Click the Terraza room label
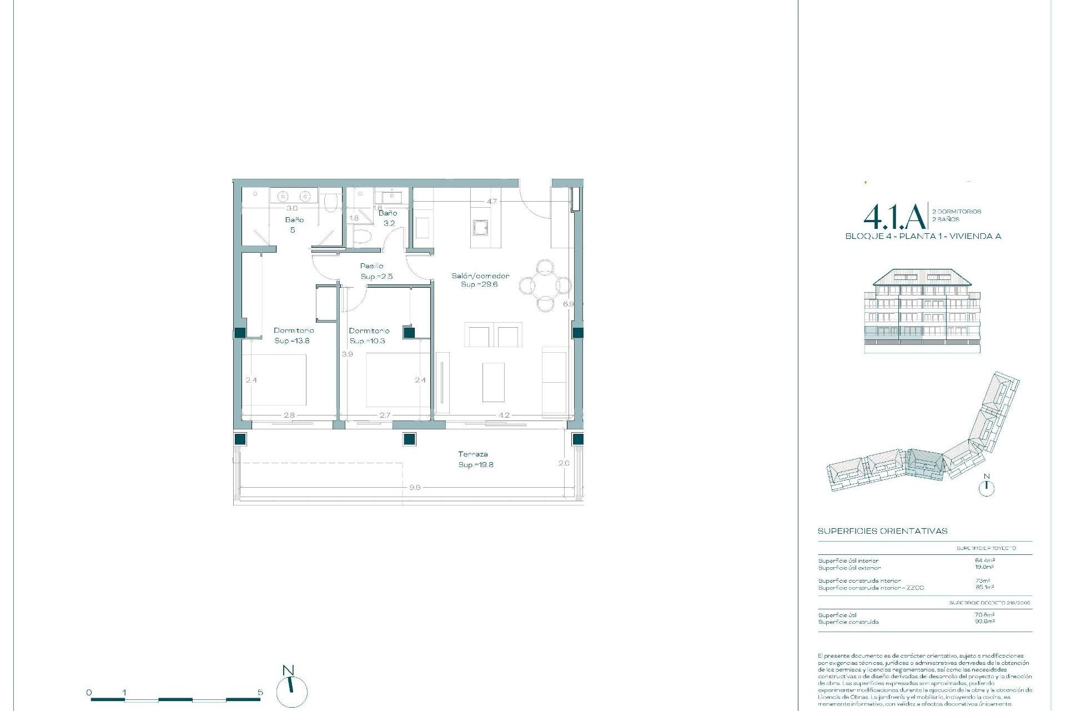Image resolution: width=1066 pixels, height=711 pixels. [473, 454]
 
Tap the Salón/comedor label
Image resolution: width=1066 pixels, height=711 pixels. [480, 276]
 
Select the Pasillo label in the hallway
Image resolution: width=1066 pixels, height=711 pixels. [371, 266]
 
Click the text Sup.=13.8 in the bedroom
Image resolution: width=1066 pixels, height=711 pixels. [292, 341]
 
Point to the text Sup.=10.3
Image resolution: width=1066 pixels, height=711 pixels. [368, 341]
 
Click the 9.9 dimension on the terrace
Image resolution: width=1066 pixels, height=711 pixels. [415, 488]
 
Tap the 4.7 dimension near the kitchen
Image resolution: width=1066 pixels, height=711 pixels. [492, 202]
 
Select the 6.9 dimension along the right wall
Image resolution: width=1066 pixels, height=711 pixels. [568, 304]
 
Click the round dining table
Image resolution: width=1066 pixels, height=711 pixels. [545, 286]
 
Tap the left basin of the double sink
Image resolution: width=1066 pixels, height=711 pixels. [283, 197]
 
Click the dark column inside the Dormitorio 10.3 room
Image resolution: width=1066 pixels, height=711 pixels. [409, 333]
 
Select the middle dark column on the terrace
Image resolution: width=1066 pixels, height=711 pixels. [409, 439]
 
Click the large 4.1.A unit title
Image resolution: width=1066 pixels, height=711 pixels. [894, 217]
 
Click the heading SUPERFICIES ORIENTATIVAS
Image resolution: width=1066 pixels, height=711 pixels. [882, 531]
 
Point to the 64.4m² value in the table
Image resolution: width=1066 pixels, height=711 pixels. [984, 560]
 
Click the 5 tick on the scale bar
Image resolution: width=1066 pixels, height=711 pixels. [260, 693]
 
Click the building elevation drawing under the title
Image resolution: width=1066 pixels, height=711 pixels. [922, 311]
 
